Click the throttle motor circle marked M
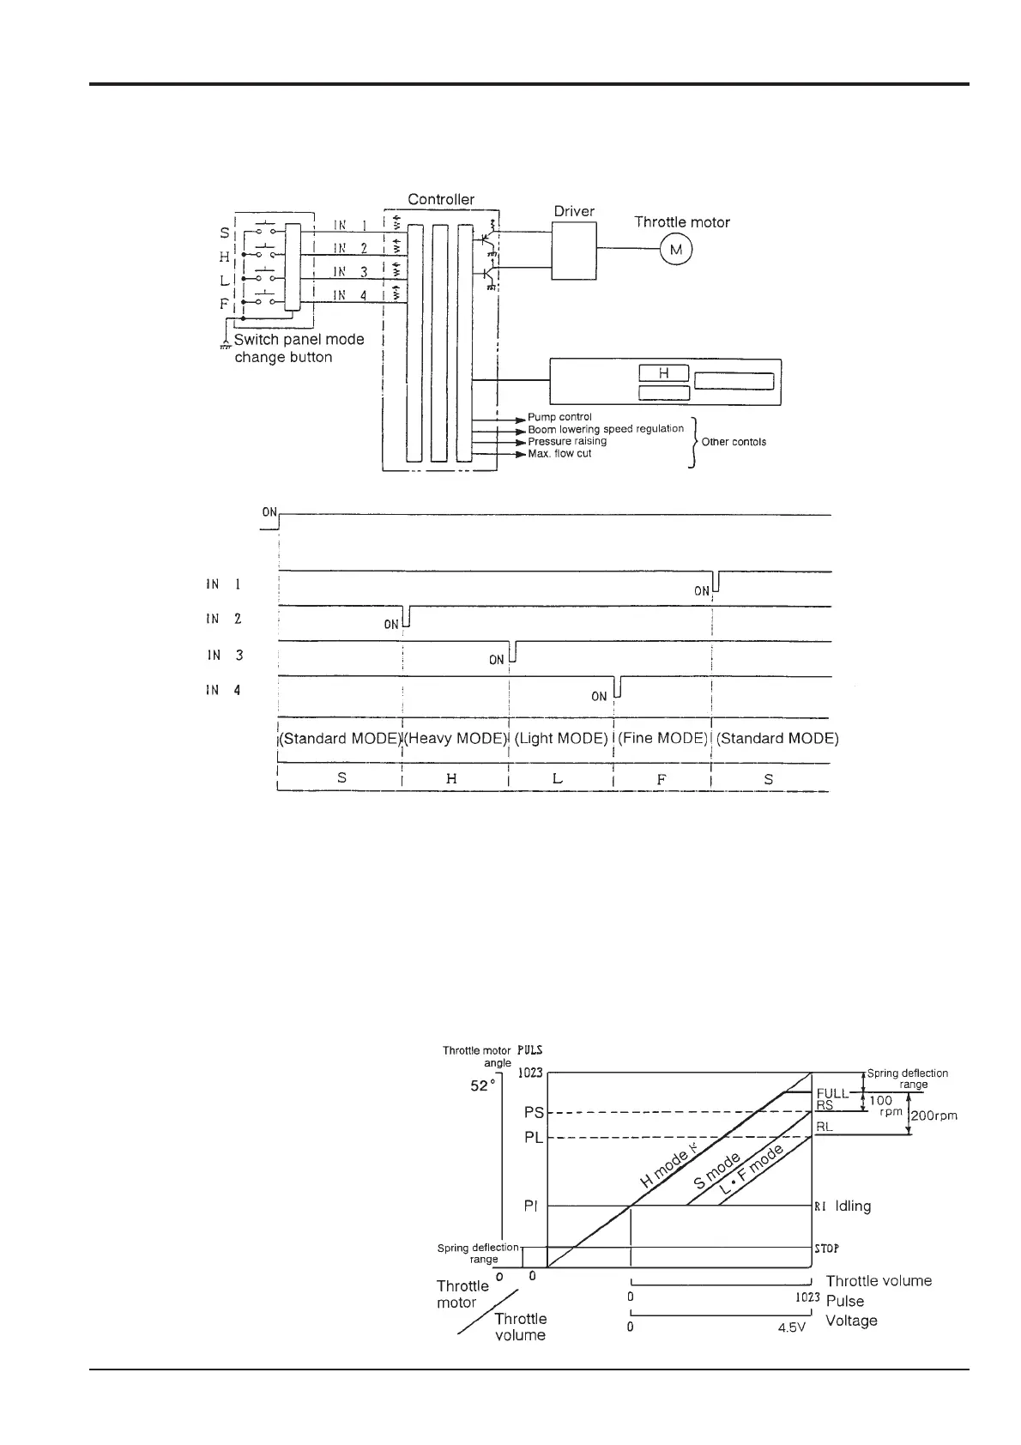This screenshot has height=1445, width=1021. (675, 250)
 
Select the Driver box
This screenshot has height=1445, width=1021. (574, 251)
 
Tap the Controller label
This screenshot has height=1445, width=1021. (441, 200)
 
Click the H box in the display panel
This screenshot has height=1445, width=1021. (663, 373)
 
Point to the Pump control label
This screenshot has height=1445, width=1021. (559, 417)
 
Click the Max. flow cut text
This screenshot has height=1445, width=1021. (559, 453)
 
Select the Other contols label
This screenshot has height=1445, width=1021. (734, 442)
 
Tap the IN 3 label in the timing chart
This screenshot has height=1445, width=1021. (226, 655)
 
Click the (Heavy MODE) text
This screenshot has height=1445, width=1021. (455, 739)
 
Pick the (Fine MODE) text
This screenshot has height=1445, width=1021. (663, 739)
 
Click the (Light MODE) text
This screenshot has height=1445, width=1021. (561, 739)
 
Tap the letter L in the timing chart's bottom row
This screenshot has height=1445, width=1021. (558, 779)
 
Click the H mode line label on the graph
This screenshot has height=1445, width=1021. (665, 1169)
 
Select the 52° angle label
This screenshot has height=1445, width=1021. (483, 1085)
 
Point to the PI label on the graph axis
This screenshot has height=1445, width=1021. (531, 1206)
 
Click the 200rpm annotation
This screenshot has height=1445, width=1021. (933, 1116)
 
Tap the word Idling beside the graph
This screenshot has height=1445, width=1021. (853, 1206)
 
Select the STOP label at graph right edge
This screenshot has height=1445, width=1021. (826, 1249)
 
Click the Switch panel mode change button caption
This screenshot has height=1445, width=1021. (299, 348)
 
